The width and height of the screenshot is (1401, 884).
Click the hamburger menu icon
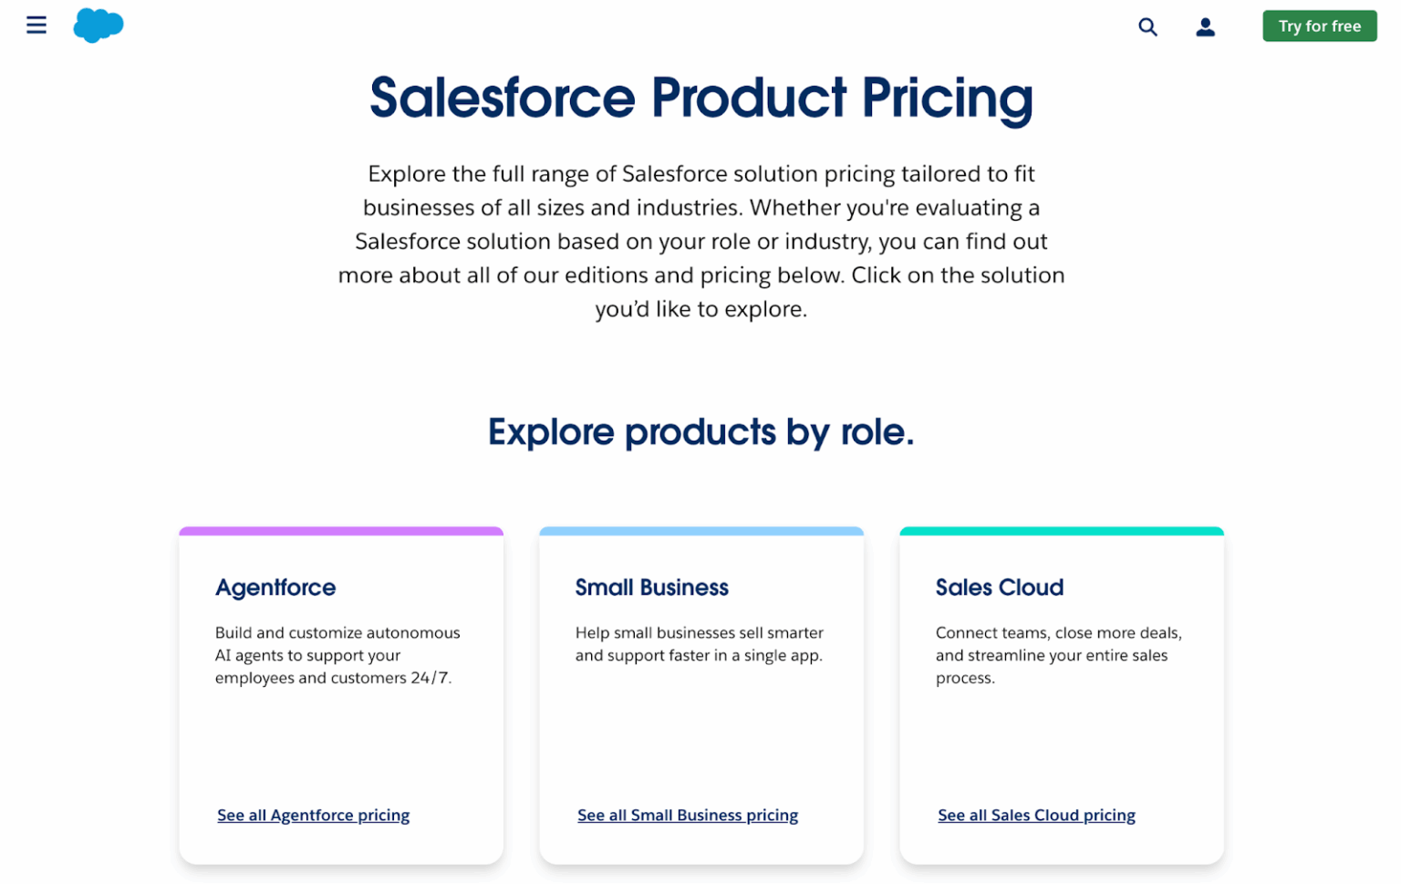pyautogui.click(x=36, y=25)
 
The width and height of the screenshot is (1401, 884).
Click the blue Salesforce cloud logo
pyautogui.click(x=98, y=25)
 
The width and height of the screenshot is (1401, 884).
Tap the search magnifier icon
pyautogui.click(x=1147, y=27)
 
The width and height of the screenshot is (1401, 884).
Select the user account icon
pyautogui.click(x=1205, y=27)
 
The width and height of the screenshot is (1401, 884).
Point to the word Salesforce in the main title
pyautogui.click(x=502, y=99)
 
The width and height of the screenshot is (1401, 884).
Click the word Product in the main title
pyautogui.click(x=748, y=99)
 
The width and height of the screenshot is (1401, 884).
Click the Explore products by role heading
pyautogui.click(x=700, y=432)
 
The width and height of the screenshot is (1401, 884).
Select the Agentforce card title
pyautogui.click(x=275, y=588)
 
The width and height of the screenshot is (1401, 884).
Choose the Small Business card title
pyautogui.click(x=651, y=588)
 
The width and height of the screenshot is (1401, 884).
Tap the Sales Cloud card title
pyautogui.click(x=999, y=588)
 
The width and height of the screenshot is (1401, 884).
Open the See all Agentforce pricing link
pyautogui.click(x=313, y=816)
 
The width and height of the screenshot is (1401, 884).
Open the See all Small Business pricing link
pyautogui.click(x=687, y=816)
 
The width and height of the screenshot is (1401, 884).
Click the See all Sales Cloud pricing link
pyautogui.click(x=1036, y=816)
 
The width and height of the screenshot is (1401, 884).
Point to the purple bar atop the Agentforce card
pyautogui.click(x=341, y=531)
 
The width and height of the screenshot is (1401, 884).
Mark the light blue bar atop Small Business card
pyautogui.click(x=700, y=531)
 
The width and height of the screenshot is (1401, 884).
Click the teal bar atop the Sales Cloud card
pyautogui.click(x=1061, y=531)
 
